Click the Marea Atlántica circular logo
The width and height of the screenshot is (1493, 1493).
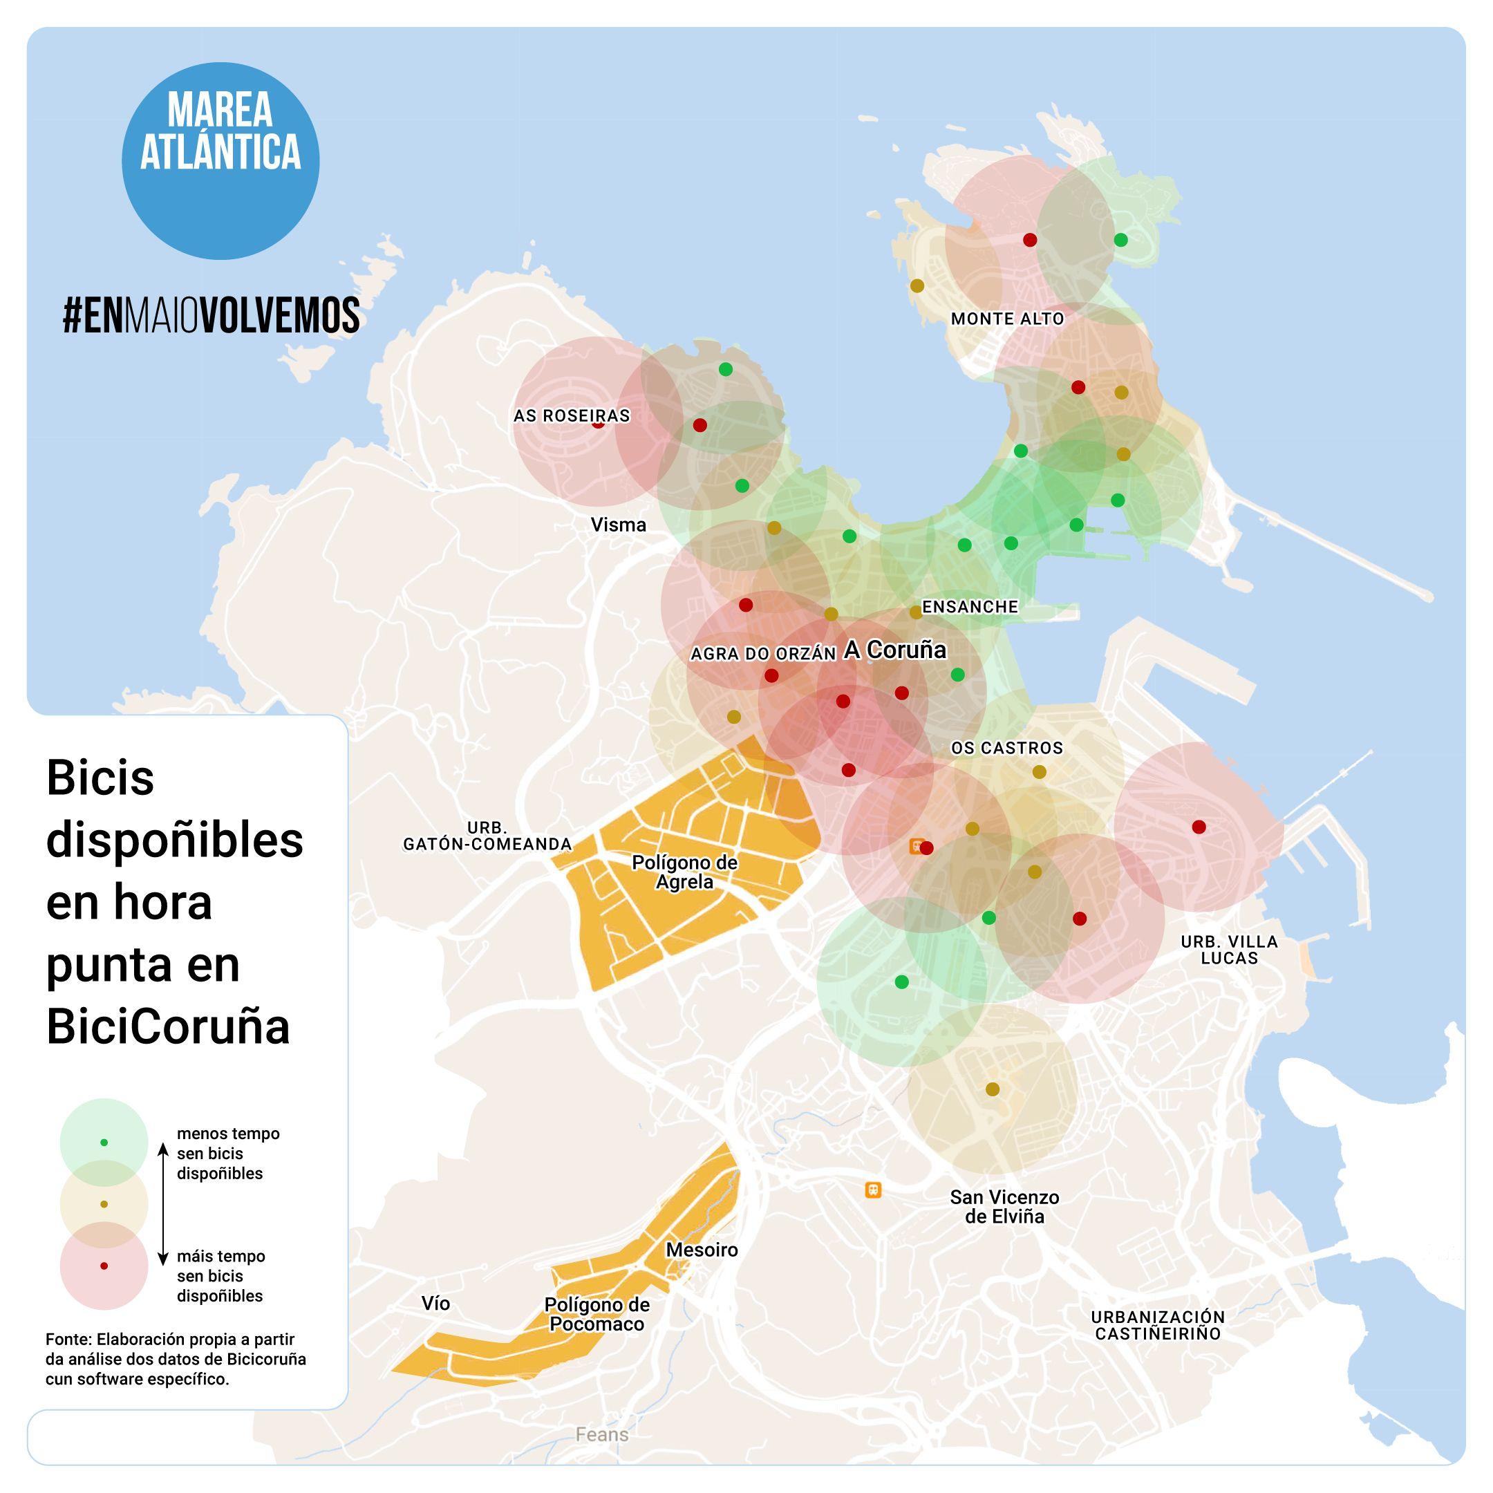pos(220,161)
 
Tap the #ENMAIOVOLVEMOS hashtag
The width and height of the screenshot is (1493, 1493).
pos(211,315)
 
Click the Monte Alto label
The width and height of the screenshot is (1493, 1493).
pos(1007,319)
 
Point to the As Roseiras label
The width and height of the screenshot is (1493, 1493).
pos(572,415)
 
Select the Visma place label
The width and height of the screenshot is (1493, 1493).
pos(618,525)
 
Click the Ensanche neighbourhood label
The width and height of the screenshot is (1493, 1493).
pos(970,607)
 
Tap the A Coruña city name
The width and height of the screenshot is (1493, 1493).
pos(895,650)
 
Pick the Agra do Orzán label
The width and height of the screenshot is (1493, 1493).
pos(762,654)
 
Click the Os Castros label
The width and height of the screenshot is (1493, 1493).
pos(1007,748)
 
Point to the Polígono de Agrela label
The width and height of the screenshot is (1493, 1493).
pos(685,872)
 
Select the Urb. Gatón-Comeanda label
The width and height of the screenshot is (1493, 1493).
pos(487,837)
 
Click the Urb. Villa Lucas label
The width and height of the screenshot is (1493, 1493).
pos(1230,949)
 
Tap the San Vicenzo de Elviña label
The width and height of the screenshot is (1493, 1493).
pos(1004,1206)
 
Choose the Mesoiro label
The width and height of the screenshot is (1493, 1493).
pos(702,1250)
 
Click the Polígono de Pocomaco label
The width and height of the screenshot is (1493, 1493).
pos(597,1315)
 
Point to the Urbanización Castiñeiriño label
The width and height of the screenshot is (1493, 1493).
pos(1158,1325)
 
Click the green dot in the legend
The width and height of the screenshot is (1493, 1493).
pos(104,1142)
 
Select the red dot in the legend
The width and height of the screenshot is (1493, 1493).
pos(104,1266)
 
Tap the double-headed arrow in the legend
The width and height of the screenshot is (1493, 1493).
pos(163,1205)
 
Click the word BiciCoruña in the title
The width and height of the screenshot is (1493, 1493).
pos(169,1027)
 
